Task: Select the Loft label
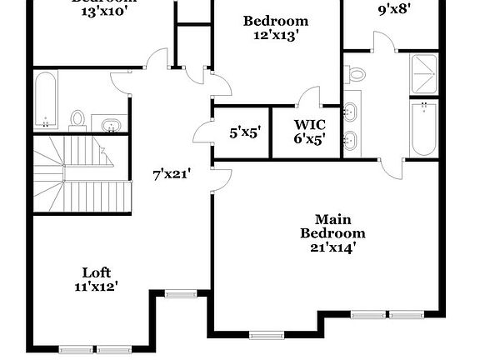click(x=96, y=272)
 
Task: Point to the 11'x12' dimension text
click(x=96, y=286)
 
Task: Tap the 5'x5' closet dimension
click(x=244, y=132)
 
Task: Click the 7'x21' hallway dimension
click(x=172, y=174)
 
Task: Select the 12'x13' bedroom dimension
click(x=276, y=35)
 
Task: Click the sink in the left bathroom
click(x=109, y=126)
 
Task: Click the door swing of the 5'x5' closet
click(x=202, y=132)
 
